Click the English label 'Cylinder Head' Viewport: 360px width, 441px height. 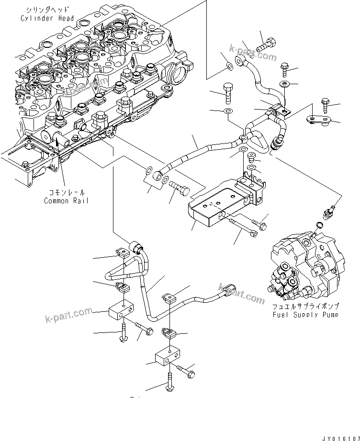[x=47, y=18]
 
